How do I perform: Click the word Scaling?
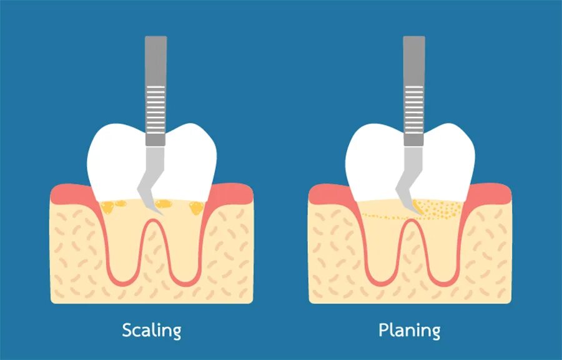(152, 329)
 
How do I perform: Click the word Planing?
(410, 329)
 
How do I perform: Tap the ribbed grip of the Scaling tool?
(155, 110)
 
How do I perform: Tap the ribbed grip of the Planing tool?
(413, 110)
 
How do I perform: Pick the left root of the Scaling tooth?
(123, 250)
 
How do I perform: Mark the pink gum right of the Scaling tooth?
(234, 193)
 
